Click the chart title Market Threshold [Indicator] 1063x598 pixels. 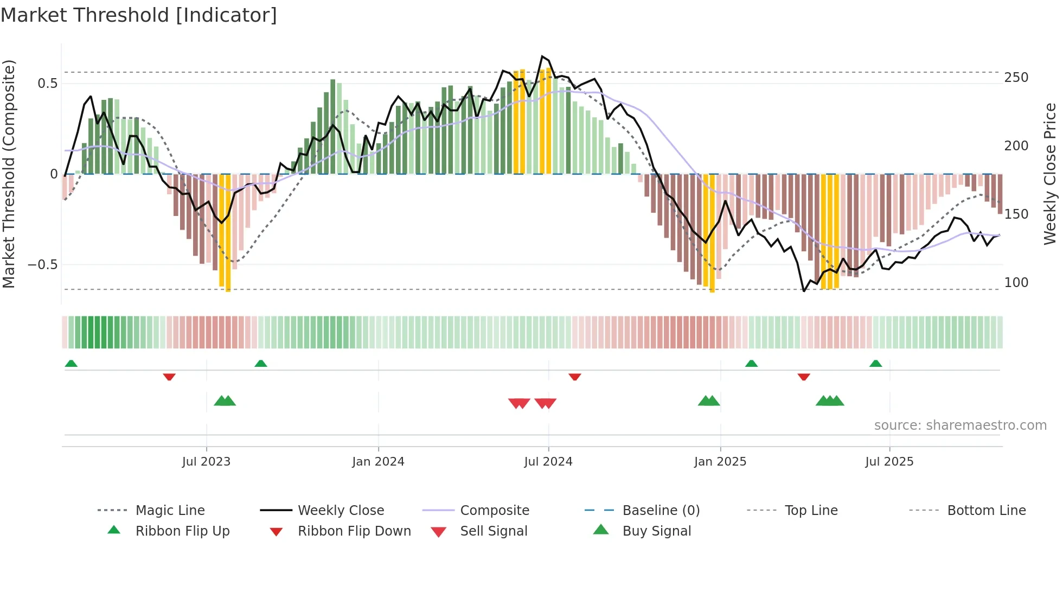click(x=139, y=15)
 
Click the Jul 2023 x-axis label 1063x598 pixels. click(x=206, y=462)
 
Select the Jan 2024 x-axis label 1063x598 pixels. click(x=378, y=462)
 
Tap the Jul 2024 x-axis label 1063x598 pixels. click(x=548, y=462)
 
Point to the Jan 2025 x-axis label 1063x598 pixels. click(x=720, y=462)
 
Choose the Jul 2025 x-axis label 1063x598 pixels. click(x=889, y=462)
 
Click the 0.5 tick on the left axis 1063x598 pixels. click(x=47, y=84)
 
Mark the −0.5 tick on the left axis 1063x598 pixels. click(x=43, y=265)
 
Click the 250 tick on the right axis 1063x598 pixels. click(x=1016, y=78)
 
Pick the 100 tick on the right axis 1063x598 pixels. click(x=1016, y=283)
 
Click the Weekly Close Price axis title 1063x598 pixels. click(x=1051, y=174)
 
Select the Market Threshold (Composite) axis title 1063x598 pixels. click(x=9, y=174)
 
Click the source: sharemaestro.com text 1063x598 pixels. click(x=960, y=425)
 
